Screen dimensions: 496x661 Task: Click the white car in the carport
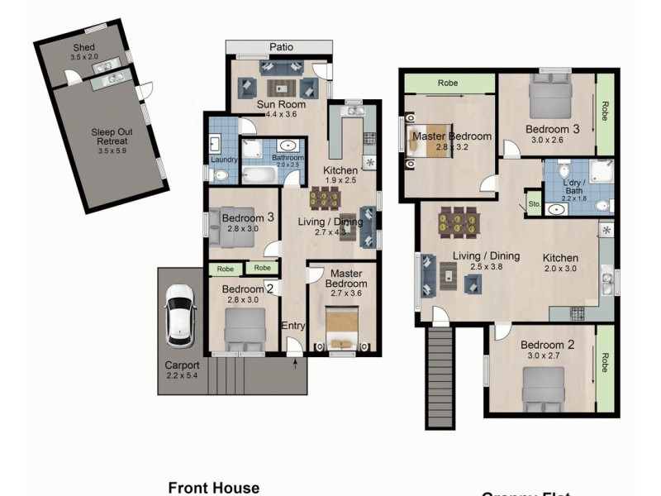tap(180, 315)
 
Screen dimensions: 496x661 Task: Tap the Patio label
tap(281, 47)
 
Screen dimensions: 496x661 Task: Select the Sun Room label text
tap(281, 105)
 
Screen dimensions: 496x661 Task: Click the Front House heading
tap(214, 488)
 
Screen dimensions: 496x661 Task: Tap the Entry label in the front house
tap(293, 326)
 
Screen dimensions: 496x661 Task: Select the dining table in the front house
tap(325, 198)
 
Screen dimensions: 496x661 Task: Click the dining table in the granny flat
tap(456, 222)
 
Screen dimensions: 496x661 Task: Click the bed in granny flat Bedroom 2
tap(544, 387)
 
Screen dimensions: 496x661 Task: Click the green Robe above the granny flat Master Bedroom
tap(448, 83)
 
